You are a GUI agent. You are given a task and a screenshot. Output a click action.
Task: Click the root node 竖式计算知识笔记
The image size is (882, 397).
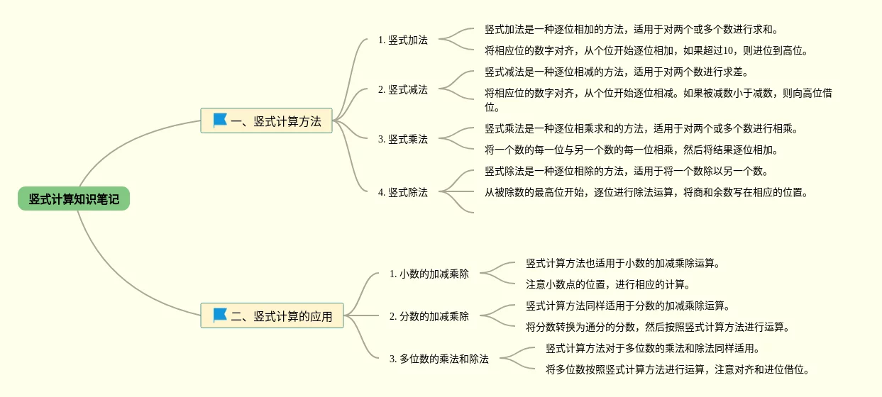(74, 199)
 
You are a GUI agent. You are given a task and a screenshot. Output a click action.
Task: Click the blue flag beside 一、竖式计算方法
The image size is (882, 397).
(220, 121)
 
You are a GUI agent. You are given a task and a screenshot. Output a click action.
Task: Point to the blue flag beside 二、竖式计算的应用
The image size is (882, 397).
(220, 315)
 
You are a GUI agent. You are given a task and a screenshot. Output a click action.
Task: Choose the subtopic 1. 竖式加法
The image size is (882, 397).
(402, 40)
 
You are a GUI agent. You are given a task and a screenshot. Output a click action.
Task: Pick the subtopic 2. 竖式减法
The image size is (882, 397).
(402, 90)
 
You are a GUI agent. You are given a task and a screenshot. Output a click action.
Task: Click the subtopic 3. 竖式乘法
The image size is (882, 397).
(402, 140)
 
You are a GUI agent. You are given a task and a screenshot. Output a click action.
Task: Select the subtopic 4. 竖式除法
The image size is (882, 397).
(402, 192)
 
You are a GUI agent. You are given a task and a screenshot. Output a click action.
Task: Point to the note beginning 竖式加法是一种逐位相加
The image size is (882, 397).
(631, 30)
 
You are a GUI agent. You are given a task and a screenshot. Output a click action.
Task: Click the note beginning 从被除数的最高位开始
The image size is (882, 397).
(646, 192)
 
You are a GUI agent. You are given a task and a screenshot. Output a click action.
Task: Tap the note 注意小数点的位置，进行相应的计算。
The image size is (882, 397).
(607, 285)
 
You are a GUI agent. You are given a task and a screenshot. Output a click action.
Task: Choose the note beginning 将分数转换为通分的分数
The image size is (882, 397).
(657, 328)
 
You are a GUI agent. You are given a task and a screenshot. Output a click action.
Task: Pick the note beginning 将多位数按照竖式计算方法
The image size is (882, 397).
(677, 370)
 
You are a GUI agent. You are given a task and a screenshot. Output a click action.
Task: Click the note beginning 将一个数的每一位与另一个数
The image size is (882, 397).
(631, 150)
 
